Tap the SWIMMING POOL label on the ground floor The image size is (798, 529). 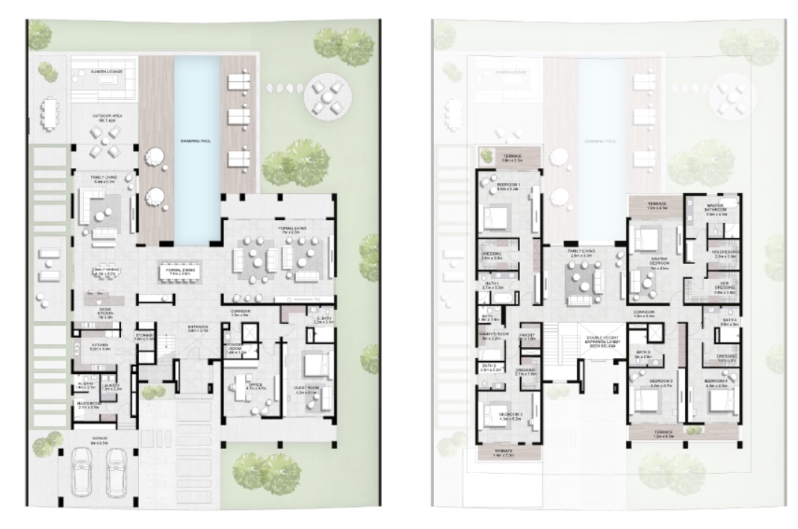(198, 140)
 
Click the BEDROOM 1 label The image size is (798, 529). (505, 186)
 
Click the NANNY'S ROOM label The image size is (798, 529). (493, 337)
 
